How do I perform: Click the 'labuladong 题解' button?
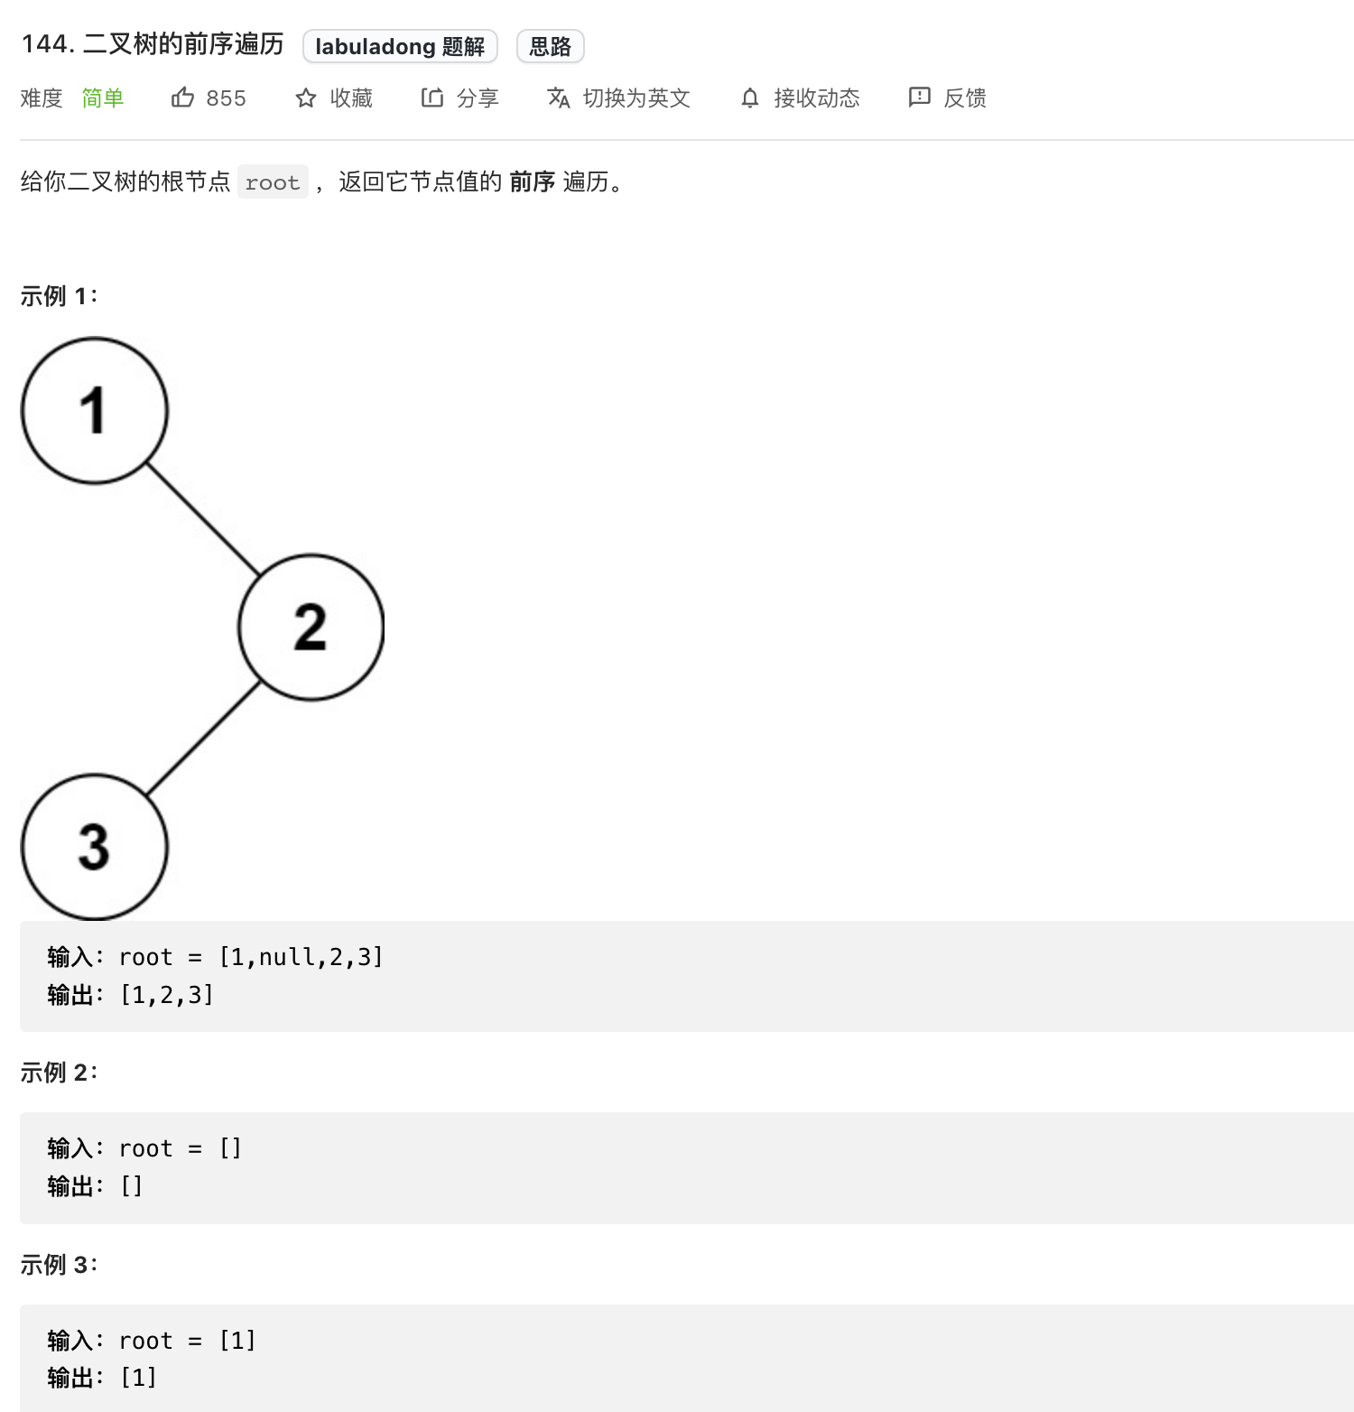[x=400, y=46]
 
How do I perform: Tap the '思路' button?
[x=550, y=46]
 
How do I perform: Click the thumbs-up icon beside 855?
[x=182, y=98]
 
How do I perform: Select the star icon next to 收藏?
[x=306, y=98]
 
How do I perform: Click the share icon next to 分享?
[x=432, y=98]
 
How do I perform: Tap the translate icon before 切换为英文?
[x=559, y=98]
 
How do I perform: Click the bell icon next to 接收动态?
[x=749, y=98]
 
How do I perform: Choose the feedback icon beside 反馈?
[x=919, y=98]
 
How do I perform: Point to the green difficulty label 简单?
[x=102, y=98]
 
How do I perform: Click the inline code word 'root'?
[x=273, y=182]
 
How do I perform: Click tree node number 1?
[x=94, y=411]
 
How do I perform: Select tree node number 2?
[x=311, y=627]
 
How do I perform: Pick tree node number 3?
[x=94, y=847]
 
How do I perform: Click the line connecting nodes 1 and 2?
[x=203, y=519]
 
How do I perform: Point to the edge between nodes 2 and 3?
[x=203, y=738]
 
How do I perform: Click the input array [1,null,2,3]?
[x=301, y=957]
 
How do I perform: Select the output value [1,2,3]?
[x=167, y=995]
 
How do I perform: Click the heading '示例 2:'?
[x=59, y=1073]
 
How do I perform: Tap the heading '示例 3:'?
[x=59, y=1265]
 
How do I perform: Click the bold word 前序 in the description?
[x=532, y=182]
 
